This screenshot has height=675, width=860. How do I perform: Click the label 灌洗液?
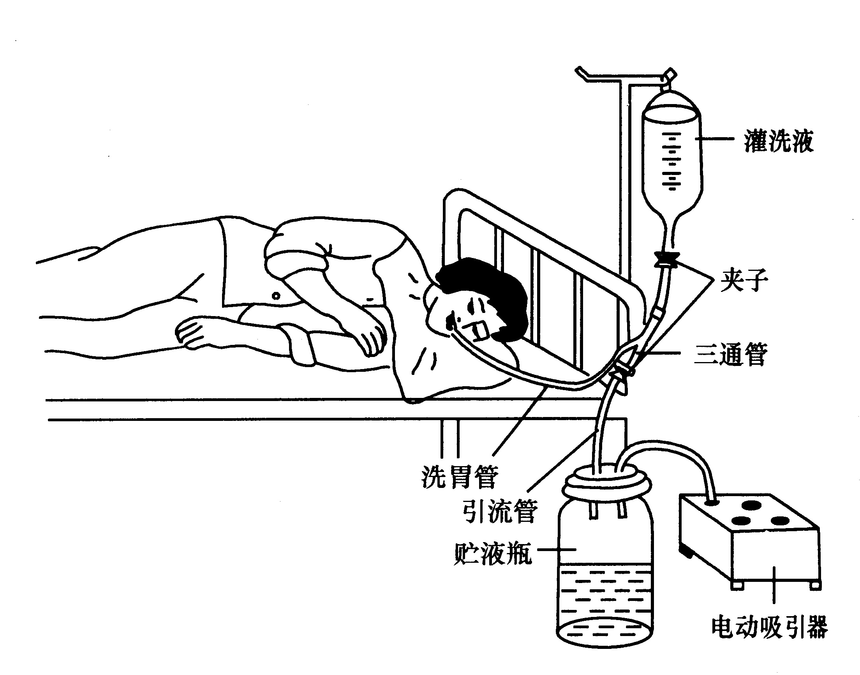click(778, 141)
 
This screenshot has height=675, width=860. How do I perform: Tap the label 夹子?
click(744, 280)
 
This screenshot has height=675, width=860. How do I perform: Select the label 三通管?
click(730, 354)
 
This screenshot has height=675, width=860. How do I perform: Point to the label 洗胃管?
click(460, 476)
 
